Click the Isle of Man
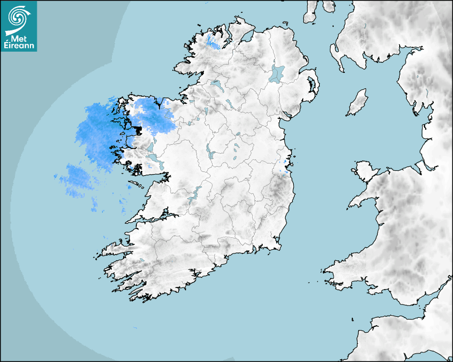(358, 103)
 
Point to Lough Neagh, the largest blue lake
(277, 73)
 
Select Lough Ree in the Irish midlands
(209, 152)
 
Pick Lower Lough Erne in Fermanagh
(216, 85)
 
